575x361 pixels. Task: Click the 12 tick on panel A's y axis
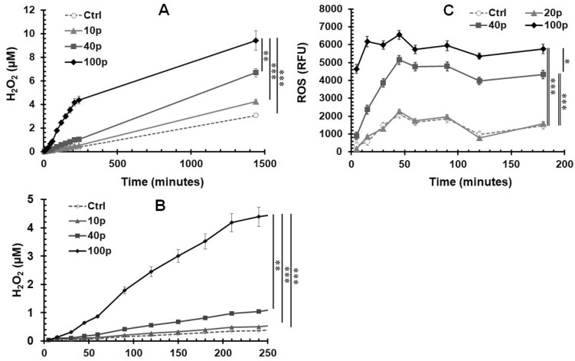[31, 10]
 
